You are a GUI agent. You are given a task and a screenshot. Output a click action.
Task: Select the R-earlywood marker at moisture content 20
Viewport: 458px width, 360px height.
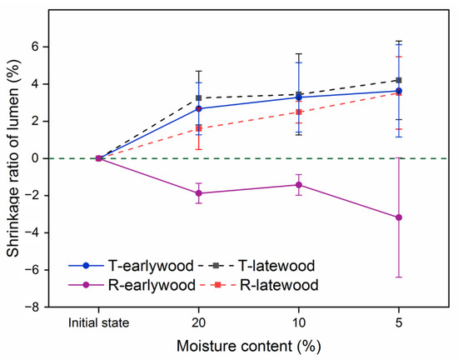coord(198,192)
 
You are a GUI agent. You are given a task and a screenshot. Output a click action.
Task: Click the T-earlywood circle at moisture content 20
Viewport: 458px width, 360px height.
coord(198,108)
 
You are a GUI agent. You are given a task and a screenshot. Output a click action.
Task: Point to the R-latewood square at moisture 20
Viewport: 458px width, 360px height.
coord(198,128)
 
